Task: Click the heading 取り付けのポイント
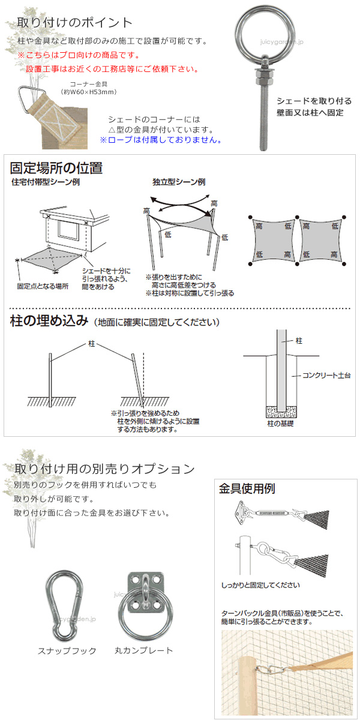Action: [x=75, y=23]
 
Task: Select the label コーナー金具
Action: [x=89, y=85]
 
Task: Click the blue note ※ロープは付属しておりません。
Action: [x=160, y=140]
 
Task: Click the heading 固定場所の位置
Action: [x=56, y=168]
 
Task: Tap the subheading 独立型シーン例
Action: [x=179, y=182]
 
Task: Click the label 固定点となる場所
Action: [x=43, y=286]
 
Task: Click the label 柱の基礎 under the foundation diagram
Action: [x=280, y=424]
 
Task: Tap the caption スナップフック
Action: [x=67, y=651]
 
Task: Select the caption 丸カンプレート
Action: [x=143, y=650]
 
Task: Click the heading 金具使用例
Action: [x=247, y=488]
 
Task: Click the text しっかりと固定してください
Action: [x=260, y=584]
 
